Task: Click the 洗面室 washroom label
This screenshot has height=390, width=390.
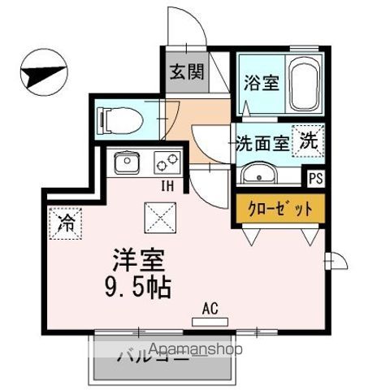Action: tap(262, 144)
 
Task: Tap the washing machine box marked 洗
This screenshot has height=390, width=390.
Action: tap(309, 140)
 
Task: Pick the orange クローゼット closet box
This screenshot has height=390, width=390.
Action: tap(279, 209)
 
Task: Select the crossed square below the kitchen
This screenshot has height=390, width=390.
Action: tap(157, 217)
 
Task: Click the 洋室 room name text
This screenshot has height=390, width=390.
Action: tap(139, 262)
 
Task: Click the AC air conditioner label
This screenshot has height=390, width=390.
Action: tap(210, 309)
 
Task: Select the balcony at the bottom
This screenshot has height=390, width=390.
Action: tap(162, 357)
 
